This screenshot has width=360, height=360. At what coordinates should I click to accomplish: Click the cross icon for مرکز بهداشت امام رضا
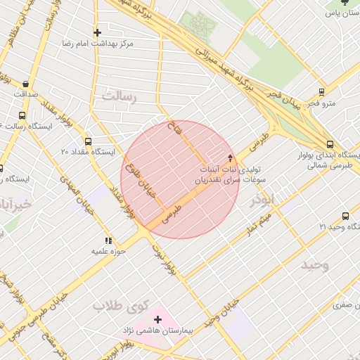97,32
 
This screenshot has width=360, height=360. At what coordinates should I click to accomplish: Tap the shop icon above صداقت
26,83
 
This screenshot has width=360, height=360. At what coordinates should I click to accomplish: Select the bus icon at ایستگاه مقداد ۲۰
87,141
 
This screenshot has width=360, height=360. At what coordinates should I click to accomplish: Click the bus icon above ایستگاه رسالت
22,115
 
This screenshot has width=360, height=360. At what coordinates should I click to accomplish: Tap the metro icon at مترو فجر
321,92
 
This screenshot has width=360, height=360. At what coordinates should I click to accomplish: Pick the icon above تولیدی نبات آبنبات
230,157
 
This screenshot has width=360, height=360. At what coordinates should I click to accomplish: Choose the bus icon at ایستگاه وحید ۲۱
345,216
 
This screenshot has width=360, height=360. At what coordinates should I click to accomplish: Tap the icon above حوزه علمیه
108,240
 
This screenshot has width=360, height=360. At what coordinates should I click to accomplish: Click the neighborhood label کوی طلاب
122,306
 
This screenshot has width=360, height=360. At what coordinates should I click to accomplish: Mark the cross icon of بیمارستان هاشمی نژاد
157,319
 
